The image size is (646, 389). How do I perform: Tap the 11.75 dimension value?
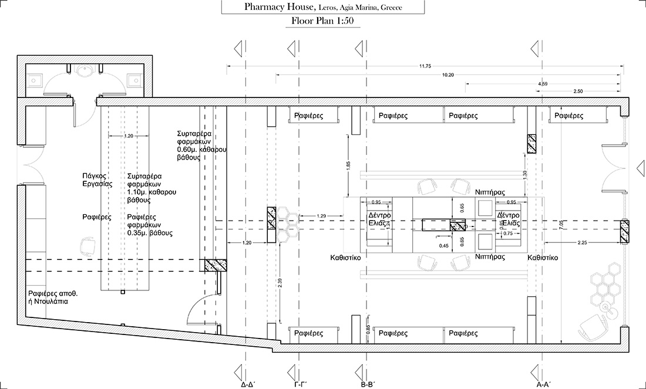(x=425, y=66)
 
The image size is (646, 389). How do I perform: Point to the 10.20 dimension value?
(x=448, y=75)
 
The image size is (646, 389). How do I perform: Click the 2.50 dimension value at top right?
(x=578, y=91)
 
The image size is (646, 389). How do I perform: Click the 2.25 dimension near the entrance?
(x=583, y=242)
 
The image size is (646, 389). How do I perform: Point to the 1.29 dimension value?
(x=321, y=217)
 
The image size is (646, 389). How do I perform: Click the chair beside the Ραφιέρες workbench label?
(x=89, y=245)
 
